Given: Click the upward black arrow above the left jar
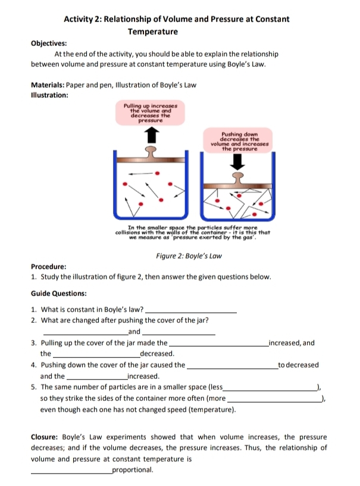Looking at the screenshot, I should pyautogui.click(x=152, y=135).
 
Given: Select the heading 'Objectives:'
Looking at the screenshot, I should pyautogui.click(x=49, y=43).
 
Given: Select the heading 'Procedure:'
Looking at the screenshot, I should pyautogui.click(x=48, y=267).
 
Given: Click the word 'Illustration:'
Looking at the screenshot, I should pyautogui.click(x=49, y=95).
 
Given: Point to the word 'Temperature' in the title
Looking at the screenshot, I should pyautogui.click(x=153, y=31).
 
